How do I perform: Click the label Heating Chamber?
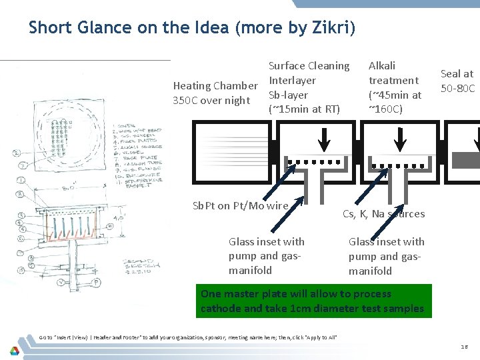215,85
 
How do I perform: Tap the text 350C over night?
211,101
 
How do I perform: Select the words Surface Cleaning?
309,65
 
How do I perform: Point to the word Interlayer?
292,80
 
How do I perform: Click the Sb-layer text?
288,95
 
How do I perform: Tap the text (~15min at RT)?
304,109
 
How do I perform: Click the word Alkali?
382,65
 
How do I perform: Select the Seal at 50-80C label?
457,81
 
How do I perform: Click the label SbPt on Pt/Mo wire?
240,205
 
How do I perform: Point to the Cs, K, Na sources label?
383,213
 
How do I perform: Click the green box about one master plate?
313,301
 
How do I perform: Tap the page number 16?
464,347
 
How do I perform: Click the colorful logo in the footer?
14,349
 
